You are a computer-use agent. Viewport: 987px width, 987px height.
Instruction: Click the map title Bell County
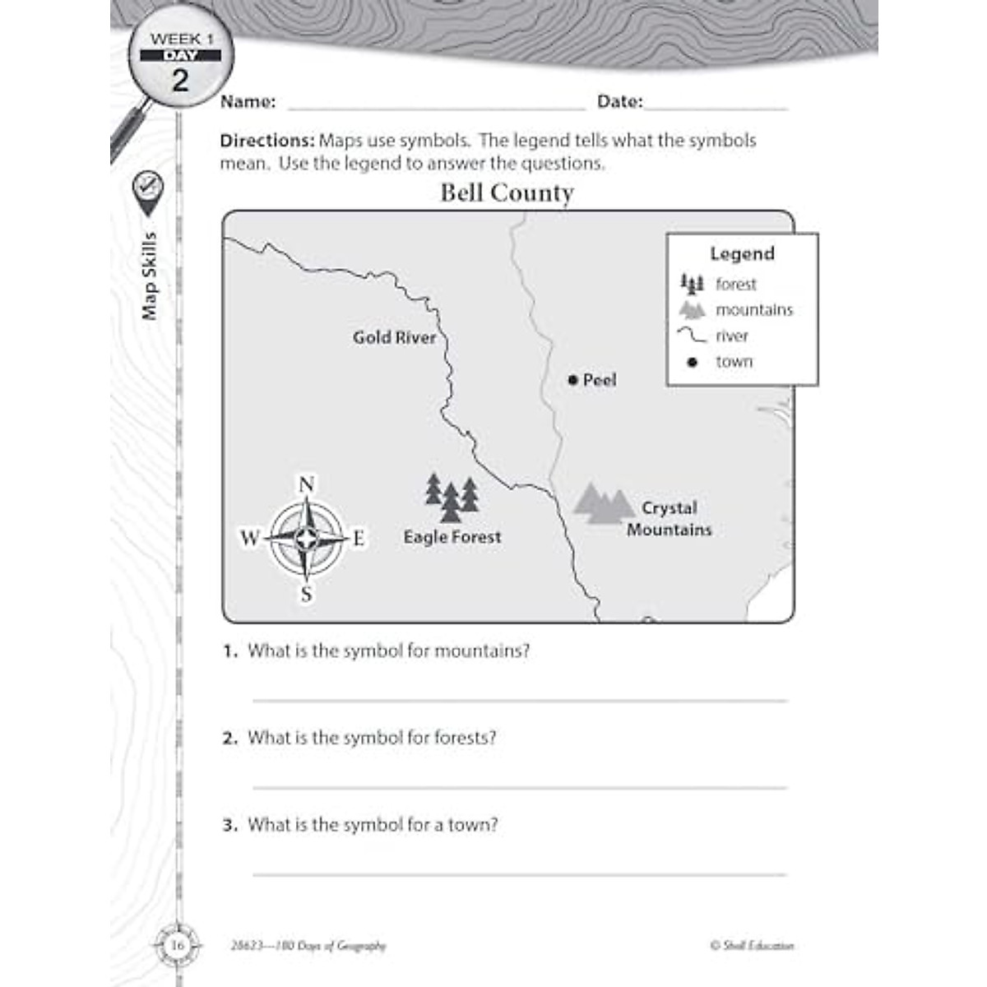(x=507, y=193)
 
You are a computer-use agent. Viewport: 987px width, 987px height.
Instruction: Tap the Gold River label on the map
(x=394, y=337)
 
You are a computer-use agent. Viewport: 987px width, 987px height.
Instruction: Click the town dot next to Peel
(x=572, y=380)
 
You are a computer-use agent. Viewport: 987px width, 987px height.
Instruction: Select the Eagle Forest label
(x=452, y=537)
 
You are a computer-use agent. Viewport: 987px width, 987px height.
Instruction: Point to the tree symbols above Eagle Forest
(x=452, y=497)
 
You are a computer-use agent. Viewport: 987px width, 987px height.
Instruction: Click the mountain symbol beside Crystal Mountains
(x=603, y=503)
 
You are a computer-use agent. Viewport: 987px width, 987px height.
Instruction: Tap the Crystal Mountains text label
(x=670, y=519)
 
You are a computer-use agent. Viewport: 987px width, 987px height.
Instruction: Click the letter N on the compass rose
(x=306, y=484)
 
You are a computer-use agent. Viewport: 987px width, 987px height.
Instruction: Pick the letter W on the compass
(x=249, y=539)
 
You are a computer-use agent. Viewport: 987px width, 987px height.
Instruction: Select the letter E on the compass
(x=359, y=539)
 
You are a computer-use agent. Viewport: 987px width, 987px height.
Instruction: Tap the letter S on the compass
(x=306, y=594)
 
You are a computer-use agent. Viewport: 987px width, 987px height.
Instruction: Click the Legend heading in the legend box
(x=742, y=253)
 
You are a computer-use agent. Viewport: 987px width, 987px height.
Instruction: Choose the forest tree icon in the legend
(x=692, y=285)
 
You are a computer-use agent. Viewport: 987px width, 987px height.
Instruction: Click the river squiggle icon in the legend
(x=692, y=335)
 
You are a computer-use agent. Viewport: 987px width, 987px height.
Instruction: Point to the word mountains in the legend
(x=754, y=310)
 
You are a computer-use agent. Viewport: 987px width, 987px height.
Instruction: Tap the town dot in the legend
(x=692, y=362)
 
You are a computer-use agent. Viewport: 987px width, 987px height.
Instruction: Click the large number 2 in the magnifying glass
(x=180, y=81)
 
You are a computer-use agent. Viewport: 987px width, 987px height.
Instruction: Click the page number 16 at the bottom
(x=178, y=946)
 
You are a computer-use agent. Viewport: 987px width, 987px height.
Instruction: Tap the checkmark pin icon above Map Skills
(x=148, y=186)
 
